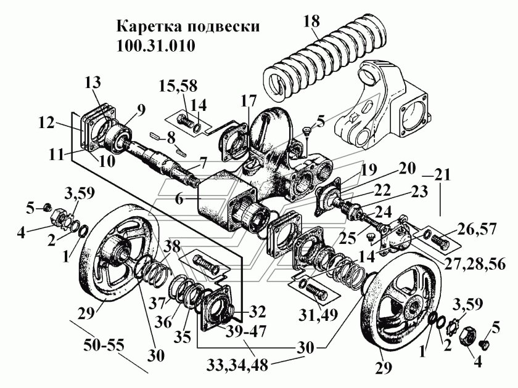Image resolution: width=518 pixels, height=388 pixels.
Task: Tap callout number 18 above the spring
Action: pos(313,22)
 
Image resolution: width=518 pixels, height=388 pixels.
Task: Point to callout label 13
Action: pos(93,84)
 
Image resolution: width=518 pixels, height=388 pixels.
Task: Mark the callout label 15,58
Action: pos(176,84)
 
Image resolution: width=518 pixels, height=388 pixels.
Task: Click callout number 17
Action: pos(249,100)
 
